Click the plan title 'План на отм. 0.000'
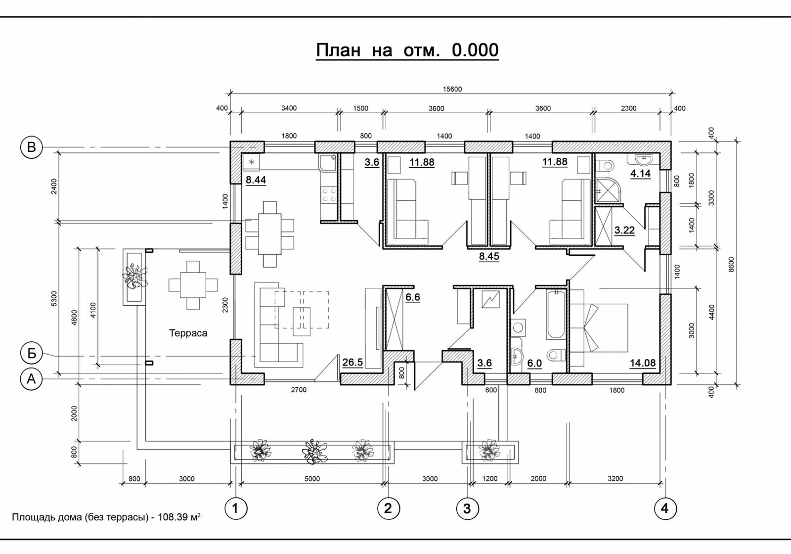point(407,50)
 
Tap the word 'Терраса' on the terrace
point(188,333)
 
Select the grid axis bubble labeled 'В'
point(32,147)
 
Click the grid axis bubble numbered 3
point(467,509)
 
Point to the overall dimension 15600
point(452,90)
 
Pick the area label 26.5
point(352,362)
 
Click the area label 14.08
point(643,363)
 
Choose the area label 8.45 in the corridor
point(489,256)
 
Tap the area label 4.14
point(641,174)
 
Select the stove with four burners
point(329,195)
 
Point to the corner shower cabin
point(607,191)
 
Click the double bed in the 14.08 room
point(599,327)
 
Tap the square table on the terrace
point(193,285)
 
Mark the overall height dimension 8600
point(731,264)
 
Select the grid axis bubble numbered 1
point(235,509)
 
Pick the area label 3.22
point(624,231)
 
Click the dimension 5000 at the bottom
point(312,479)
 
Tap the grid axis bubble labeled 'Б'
point(32,353)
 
